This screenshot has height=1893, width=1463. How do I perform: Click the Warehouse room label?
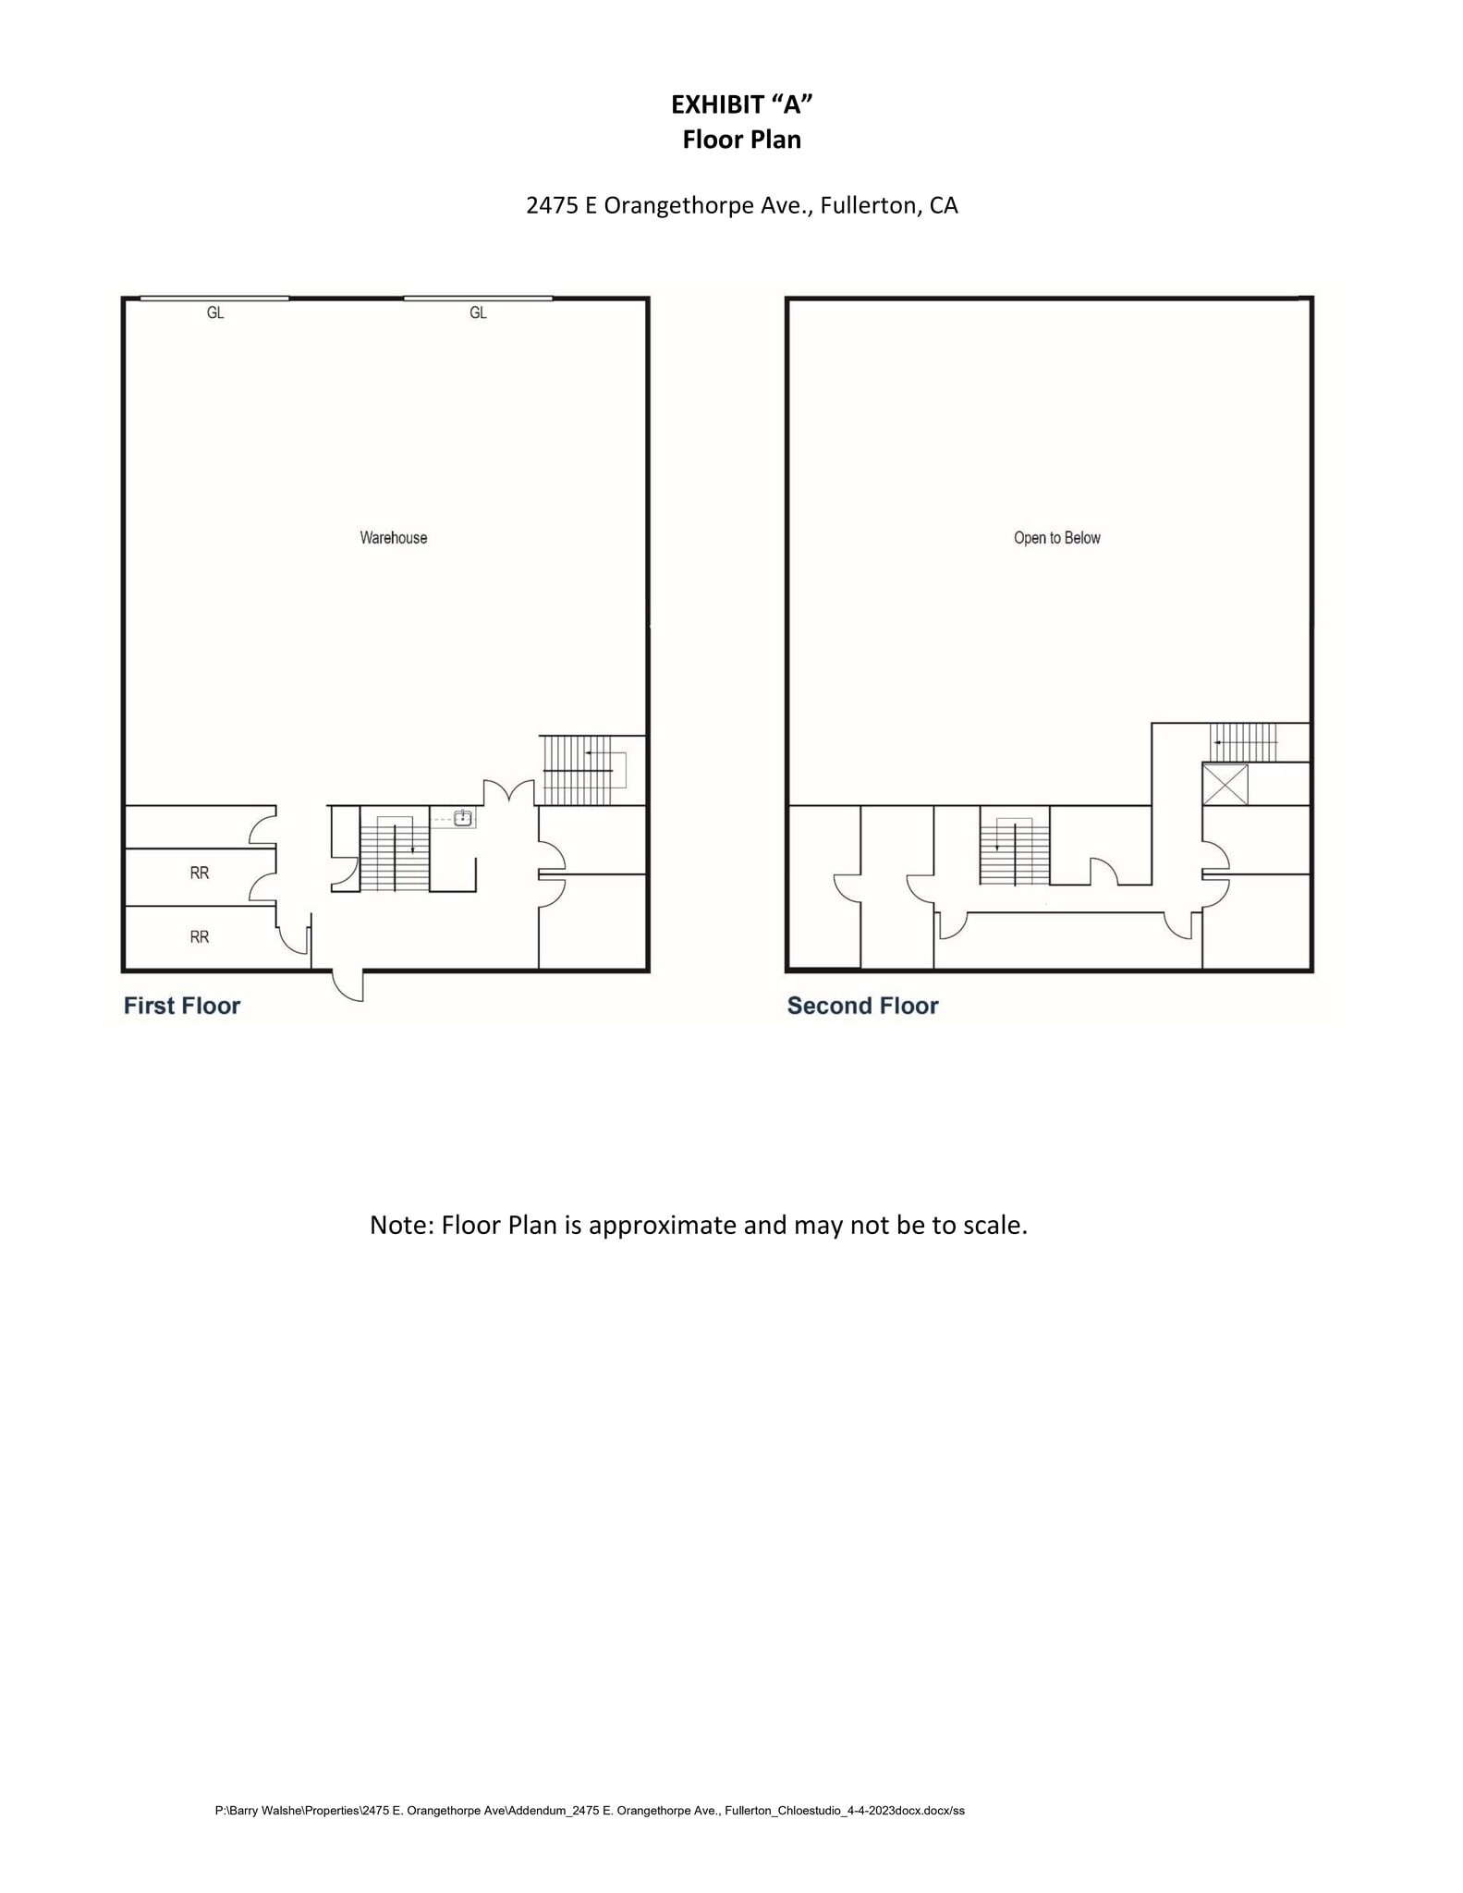[x=393, y=537]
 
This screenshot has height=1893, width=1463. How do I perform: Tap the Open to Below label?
[x=1056, y=537]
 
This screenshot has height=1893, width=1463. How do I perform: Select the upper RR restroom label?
[x=199, y=872]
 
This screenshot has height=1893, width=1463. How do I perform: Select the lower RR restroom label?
[x=199, y=936]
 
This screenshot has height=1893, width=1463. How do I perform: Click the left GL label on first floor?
[x=214, y=312]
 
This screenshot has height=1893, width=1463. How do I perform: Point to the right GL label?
[x=478, y=312]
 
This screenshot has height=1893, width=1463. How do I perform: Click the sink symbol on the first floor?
[x=463, y=817]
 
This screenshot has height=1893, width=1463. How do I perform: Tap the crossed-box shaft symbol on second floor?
[x=1225, y=784]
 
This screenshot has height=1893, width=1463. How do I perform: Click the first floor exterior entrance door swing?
[x=349, y=985]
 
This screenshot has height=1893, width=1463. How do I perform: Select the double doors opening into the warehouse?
[x=508, y=791]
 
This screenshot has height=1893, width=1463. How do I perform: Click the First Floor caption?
[x=182, y=1006]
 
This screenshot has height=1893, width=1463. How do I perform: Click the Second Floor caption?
[x=862, y=1006]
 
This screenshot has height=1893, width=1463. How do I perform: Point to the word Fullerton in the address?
[x=864, y=205]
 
